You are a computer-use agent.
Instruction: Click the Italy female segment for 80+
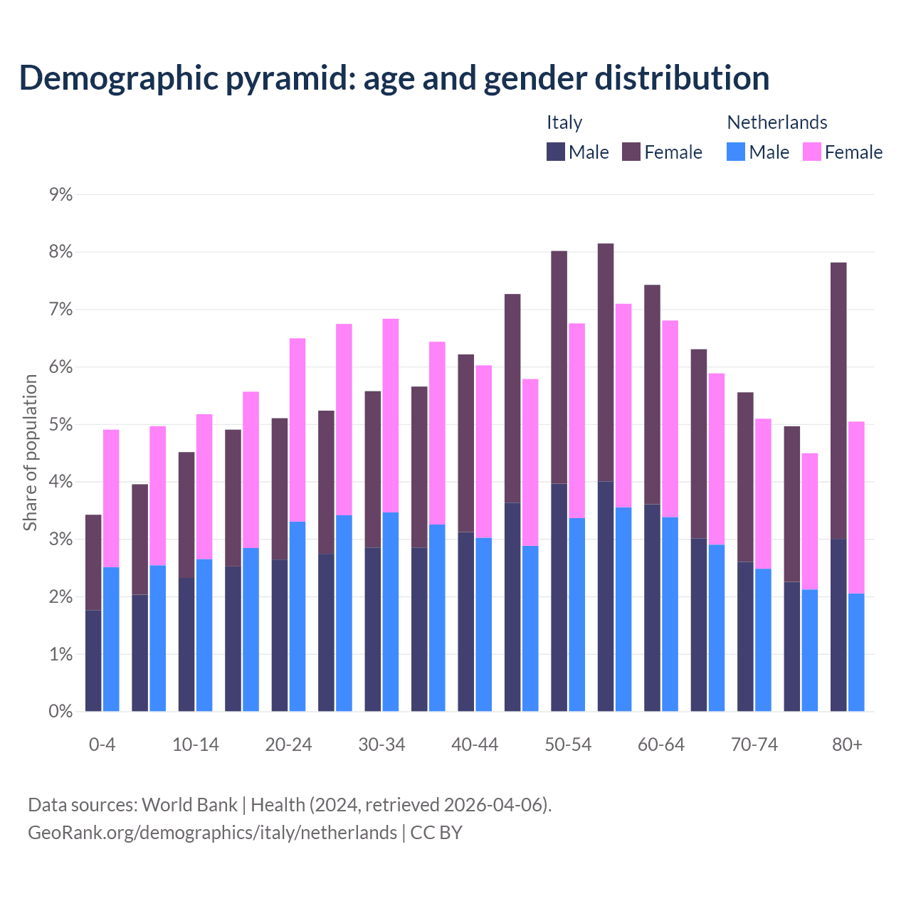[838, 401]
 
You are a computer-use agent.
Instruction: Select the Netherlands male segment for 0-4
[111, 639]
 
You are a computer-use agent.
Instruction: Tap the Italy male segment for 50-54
[559, 597]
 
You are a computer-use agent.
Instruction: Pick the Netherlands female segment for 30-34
[391, 415]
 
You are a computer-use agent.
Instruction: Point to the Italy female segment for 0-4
[93, 562]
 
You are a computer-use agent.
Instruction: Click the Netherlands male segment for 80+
[856, 652]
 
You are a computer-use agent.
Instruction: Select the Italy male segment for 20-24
[280, 635]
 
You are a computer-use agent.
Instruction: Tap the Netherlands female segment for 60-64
[670, 418]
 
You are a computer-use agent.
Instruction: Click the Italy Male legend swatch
[556, 152]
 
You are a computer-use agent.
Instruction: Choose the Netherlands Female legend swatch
[811, 152]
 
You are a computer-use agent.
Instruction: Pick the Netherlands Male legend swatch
[736, 152]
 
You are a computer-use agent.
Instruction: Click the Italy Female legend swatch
[631, 152]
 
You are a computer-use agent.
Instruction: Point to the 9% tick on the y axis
[61, 195]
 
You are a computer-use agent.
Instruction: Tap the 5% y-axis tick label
[61, 425]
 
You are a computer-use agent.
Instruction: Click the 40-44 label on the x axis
[475, 744]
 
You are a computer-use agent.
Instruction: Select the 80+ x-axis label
[847, 744]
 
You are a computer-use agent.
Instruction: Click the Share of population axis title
[31, 453]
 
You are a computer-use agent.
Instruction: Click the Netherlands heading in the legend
[776, 122]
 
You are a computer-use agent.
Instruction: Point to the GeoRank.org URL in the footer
[212, 832]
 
